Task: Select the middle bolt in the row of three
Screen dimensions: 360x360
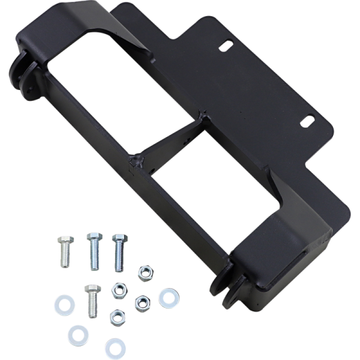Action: [x=94, y=250]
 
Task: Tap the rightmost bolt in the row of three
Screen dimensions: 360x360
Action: [x=119, y=252]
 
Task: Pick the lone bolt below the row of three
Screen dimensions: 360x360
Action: [x=92, y=300]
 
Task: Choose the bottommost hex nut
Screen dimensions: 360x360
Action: [x=118, y=316]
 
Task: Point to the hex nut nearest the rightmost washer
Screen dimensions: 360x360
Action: [x=142, y=302]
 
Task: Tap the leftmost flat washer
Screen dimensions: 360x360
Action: [x=64, y=305]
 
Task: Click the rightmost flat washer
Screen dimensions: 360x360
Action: [x=169, y=298]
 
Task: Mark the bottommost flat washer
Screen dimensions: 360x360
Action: [x=115, y=347]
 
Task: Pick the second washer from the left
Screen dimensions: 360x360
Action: [x=78, y=334]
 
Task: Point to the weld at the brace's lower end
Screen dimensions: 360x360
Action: [x=137, y=161]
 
